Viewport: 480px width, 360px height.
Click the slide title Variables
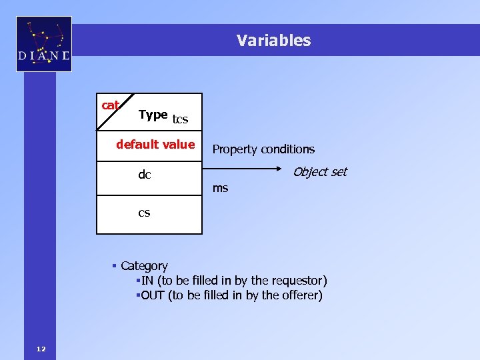click(273, 41)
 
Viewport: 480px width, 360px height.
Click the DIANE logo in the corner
click(44, 44)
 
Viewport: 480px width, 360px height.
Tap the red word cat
click(110, 105)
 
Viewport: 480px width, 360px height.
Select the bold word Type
click(153, 115)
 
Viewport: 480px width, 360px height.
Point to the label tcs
click(180, 120)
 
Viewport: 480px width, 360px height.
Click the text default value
click(155, 144)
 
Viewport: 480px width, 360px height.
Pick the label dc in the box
click(144, 175)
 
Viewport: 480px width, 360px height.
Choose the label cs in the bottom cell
click(144, 213)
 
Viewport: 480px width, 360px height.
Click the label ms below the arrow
click(220, 189)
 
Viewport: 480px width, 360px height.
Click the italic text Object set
click(320, 172)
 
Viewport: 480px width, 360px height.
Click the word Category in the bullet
click(144, 266)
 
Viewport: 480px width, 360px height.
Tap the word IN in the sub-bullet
click(147, 281)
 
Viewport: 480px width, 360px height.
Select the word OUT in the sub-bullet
click(153, 295)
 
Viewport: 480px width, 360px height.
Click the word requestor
click(299, 281)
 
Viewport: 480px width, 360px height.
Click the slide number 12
click(41, 349)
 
